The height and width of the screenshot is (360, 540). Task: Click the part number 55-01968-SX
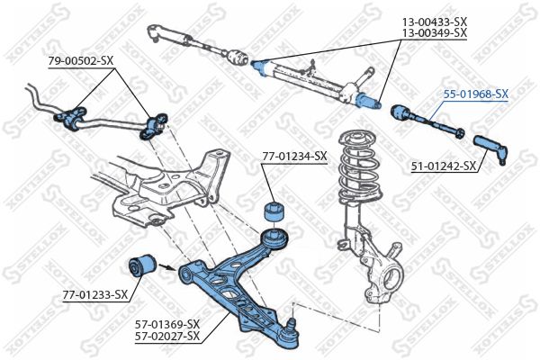click(x=475, y=94)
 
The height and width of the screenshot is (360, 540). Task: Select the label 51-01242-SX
click(x=444, y=166)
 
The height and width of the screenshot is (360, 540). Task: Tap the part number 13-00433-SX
click(x=435, y=22)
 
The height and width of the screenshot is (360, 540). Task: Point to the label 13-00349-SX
click(x=435, y=33)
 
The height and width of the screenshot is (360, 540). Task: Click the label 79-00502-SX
click(x=81, y=61)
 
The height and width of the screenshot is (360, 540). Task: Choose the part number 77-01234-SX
click(x=294, y=157)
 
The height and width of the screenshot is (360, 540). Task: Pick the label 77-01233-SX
click(x=95, y=294)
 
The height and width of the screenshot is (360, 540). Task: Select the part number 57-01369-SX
click(x=167, y=324)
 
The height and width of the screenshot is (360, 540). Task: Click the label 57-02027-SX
click(x=167, y=336)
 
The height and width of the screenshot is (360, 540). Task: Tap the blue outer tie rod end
click(x=490, y=148)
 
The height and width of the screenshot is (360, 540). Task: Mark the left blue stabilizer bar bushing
click(x=71, y=118)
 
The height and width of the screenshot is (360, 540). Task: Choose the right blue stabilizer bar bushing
click(x=154, y=126)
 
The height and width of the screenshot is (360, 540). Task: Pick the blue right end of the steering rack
click(x=368, y=101)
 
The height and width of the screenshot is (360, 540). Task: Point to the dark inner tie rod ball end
click(x=400, y=112)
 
